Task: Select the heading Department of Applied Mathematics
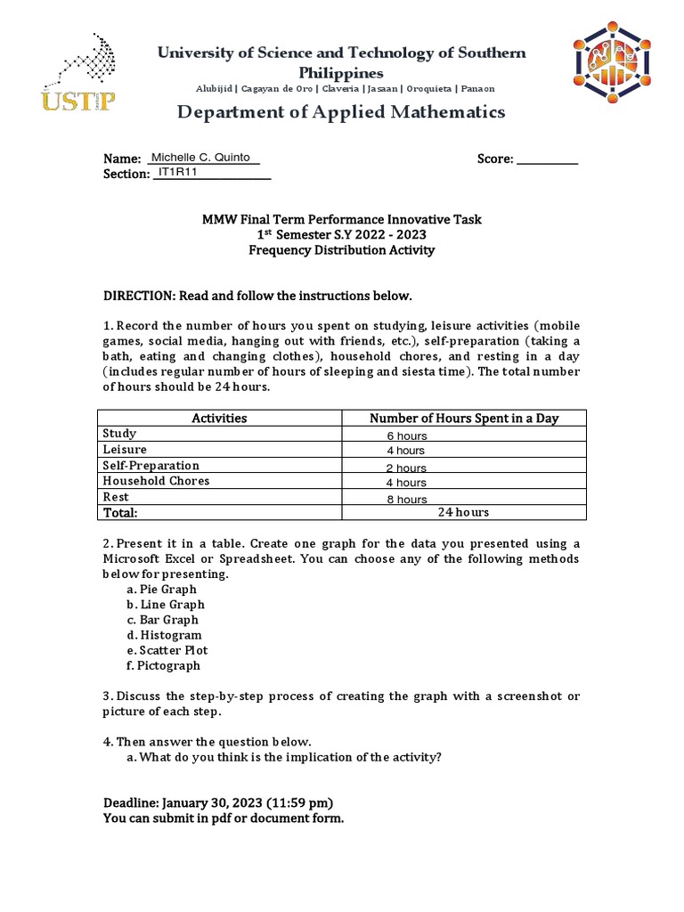click(341, 112)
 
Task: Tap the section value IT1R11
click(177, 172)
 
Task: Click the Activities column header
click(219, 418)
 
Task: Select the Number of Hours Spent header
click(463, 418)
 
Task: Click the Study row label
click(120, 434)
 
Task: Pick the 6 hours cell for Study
click(406, 436)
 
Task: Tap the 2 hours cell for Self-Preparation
click(406, 468)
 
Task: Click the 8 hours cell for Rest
click(406, 500)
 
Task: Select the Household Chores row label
click(157, 481)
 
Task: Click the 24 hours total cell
click(463, 513)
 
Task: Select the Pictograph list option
click(168, 665)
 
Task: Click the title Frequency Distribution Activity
click(341, 250)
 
